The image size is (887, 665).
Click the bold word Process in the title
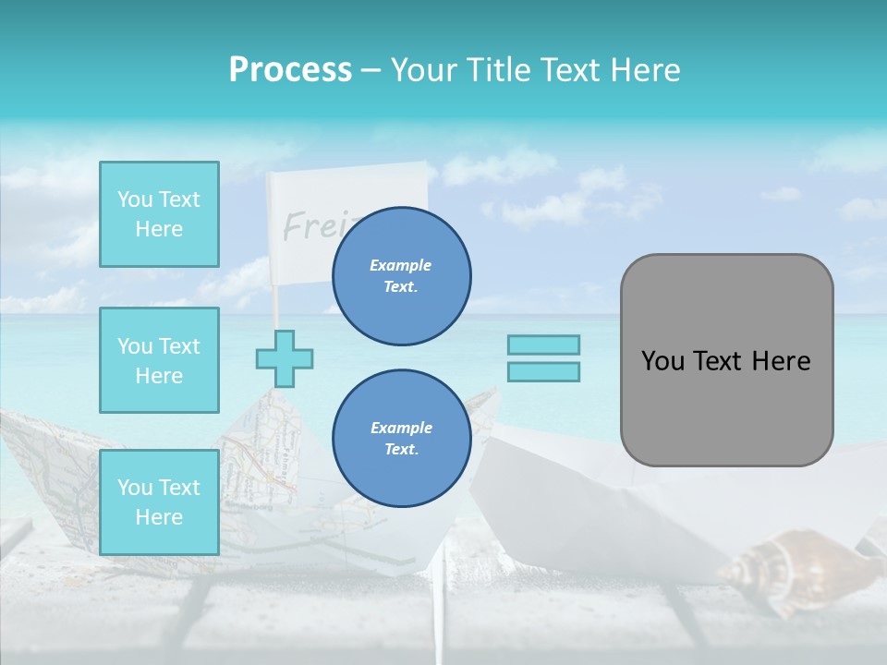[x=290, y=70]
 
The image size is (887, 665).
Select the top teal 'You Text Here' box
[x=159, y=214]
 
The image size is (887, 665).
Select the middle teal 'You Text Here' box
[x=159, y=360]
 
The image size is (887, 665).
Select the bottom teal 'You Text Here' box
[x=159, y=502]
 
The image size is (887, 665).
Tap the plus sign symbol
[x=285, y=358]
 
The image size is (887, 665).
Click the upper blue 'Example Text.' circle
[x=401, y=276]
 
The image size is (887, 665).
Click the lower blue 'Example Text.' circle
[x=401, y=439]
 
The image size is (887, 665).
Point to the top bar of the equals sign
[x=543, y=345]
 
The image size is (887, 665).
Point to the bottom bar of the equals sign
[x=543, y=371]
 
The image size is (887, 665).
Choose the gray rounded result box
[x=726, y=360]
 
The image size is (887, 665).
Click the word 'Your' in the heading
[x=425, y=70]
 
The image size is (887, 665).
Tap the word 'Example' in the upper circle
[x=401, y=265]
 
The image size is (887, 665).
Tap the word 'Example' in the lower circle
[x=401, y=428]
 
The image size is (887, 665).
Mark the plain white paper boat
[x=591, y=508]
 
